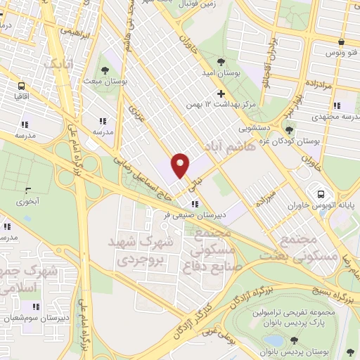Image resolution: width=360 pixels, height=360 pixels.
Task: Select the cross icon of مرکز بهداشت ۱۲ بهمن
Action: pos(221,94)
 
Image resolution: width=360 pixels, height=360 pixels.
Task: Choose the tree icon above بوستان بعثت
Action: pos(104,70)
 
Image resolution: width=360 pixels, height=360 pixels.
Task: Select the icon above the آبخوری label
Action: pos(28,190)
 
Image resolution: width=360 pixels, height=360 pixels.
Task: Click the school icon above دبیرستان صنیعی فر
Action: pos(185,204)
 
